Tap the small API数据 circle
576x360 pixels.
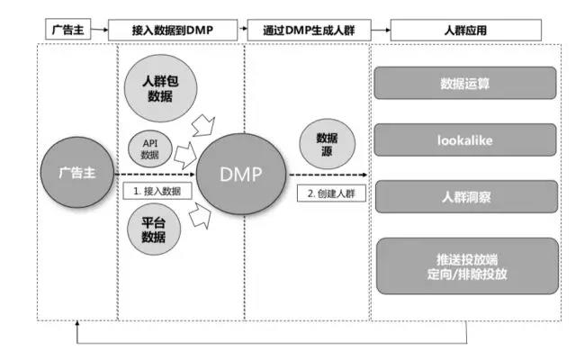150,148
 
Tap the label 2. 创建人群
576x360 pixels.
332,193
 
